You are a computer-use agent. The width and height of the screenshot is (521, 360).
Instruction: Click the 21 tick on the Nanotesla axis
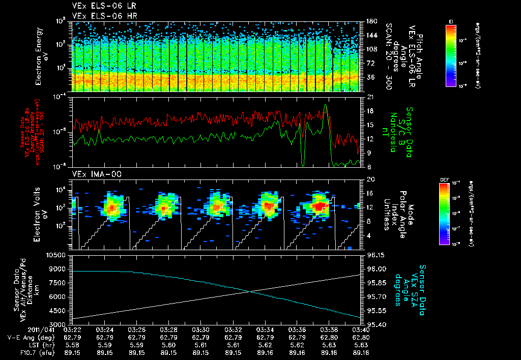370,97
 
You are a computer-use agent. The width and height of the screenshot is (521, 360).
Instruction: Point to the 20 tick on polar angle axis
370,179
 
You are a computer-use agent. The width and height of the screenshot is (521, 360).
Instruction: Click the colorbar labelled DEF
450,214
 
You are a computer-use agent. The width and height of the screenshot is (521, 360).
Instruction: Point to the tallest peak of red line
326,105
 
